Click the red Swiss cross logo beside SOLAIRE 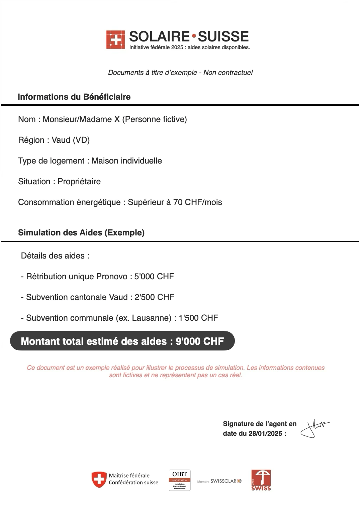pos(116,40)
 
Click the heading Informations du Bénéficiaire pos(74,97)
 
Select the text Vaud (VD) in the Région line pos(71,140)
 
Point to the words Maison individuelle pos(126,161)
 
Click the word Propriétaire pos(79,182)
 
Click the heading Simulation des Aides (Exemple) pos(81,233)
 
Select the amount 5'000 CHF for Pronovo pos(154,277)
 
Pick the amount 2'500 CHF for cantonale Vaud pos(154,297)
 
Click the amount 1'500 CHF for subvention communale pos(198,318)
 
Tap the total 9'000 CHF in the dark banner pos(200,341)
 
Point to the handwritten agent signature pos(314,428)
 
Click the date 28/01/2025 pos(265,434)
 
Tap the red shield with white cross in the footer pos(99,480)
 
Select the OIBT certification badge pos(180,480)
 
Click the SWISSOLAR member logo pos(219,481)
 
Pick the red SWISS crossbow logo pos(261,480)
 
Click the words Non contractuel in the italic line pos(228,73)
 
